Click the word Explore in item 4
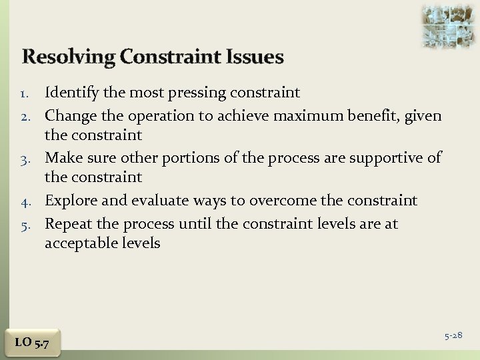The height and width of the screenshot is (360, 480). pyautogui.click(x=69, y=200)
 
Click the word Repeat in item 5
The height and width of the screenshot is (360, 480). pyautogui.click(x=67, y=223)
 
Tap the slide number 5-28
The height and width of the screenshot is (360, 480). pyautogui.click(x=453, y=333)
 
